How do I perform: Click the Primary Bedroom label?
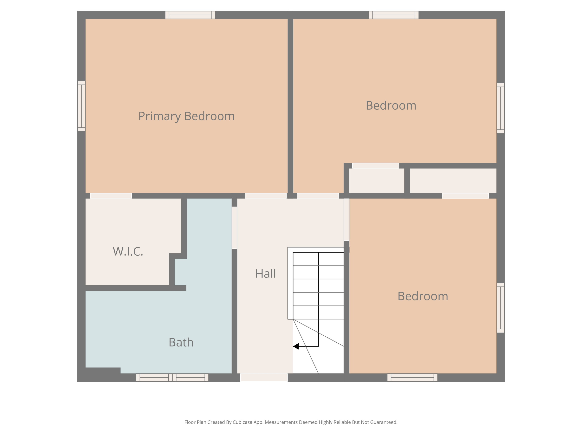tap(187, 116)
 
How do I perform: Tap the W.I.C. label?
tap(128, 252)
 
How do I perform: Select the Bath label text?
tap(181, 342)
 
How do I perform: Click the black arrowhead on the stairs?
tap(296, 346)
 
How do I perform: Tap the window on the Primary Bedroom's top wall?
tap(190, 15)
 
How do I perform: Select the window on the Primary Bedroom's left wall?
tap(81, 106)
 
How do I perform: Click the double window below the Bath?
tap(172, 377)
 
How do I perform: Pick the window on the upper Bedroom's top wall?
tap(394, 15)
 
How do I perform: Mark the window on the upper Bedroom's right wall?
tap(501, 108)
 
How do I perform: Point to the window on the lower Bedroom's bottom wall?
tap(412, 377)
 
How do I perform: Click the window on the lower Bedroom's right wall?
tap(501, 308)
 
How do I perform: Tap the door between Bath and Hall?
tap(234, 228)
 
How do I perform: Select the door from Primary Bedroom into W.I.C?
tap(111, 196)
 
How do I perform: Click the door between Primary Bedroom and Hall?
tap(265, 196)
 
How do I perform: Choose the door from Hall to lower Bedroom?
tap(346, 220)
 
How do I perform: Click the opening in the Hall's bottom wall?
tap(264, 377)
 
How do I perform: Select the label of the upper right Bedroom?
tap(391, 106)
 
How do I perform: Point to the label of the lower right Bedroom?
tap(423, 296)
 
